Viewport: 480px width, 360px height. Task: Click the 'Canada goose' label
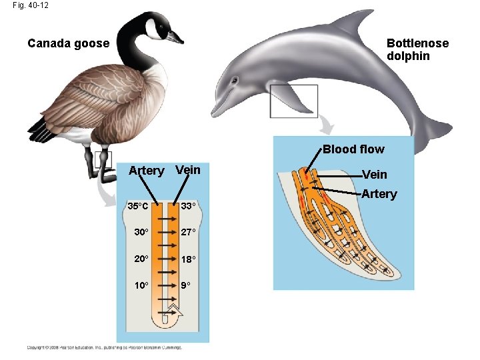[x=68, y=43]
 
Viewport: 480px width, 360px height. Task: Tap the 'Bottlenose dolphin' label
[x=417, y=49]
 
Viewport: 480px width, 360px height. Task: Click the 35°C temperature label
[x=138, y=205]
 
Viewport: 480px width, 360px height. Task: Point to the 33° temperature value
[x=188, y=205]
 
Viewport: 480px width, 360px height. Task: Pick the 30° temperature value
[x=141, y=232]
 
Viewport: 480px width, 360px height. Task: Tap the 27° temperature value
[x=188, y=232]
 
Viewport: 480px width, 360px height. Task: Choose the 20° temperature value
[x=141, y=259]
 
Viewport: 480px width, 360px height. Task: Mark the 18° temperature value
[x=188, y=259]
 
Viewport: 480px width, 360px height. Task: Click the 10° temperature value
[x=141, y=285]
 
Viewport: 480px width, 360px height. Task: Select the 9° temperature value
[x=185, y=285]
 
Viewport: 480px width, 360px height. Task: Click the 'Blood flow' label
[x=353, y=149]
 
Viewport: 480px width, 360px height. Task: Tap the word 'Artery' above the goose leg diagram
[x=146, y=171]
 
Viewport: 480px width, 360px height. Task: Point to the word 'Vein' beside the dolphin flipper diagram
[x=374, y=174]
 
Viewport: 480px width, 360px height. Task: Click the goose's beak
[x=175, y=38]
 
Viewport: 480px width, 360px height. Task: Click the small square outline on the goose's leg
[x=103, y=159]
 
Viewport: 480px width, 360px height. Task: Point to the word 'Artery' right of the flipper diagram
[x=379, y=194]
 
